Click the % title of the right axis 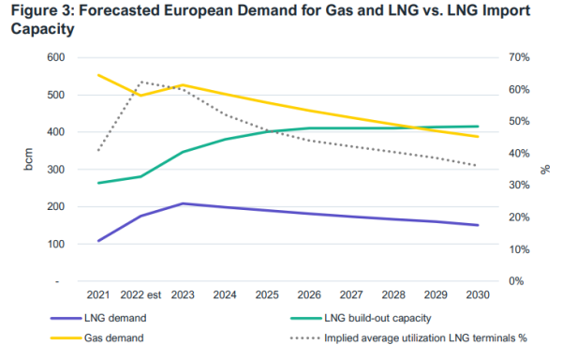coord(545,169)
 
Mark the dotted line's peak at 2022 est coord(140,82)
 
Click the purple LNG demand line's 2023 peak coord(184,203)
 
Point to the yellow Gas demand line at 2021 coord(98,75)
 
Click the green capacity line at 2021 coord(98,183)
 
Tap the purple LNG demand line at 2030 coord(477,225)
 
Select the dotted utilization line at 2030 coord(477,166)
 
